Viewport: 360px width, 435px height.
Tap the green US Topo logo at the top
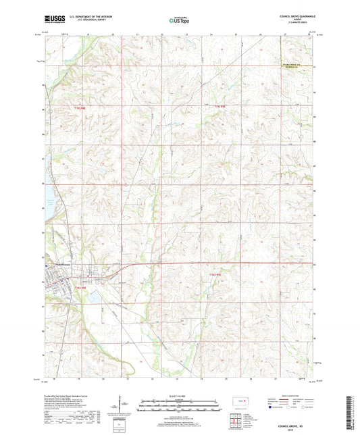pos(180,21)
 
